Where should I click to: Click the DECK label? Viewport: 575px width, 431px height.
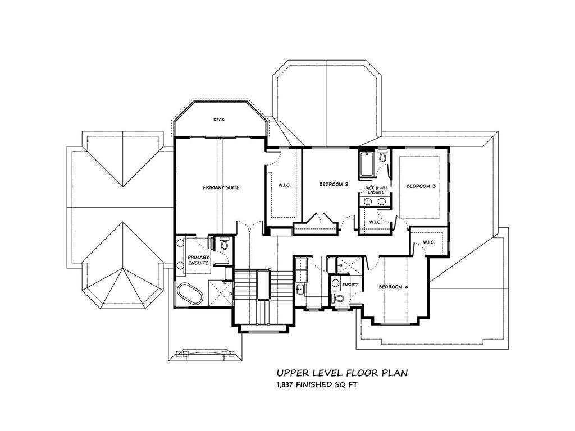(x=219, y=120)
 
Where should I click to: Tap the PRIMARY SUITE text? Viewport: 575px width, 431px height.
(x=221, y=187)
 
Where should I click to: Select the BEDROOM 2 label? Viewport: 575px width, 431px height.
(x=335, y=185)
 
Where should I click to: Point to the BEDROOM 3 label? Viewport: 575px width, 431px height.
(x=421, y=186)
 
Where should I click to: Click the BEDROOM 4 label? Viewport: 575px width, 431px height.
(x=393, y=287)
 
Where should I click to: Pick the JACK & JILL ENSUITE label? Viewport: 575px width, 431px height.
(x=374, y=190)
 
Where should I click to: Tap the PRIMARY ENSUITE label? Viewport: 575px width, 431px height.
(x=198, y=260)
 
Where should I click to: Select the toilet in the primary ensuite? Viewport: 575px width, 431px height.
(x=224, y=243)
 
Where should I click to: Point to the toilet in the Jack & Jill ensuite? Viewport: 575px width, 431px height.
(x=383, y=157)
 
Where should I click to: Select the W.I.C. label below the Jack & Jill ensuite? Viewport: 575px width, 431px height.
(x=375, y=222)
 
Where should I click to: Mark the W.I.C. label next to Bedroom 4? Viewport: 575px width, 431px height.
(x=430, y=242)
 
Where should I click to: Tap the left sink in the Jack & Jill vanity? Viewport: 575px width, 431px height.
(x=368, y=201)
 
